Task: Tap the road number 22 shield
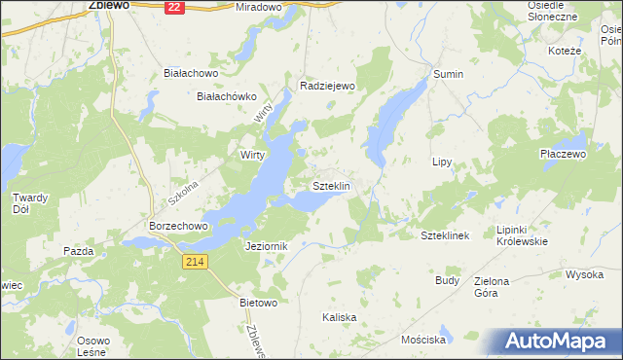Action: tap(173, 7)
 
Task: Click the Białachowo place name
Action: tap(190, 73)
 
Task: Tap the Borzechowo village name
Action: tap(179, 225)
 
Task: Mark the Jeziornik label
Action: tap(268, 247)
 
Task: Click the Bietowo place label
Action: tap(259, 303)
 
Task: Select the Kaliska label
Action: tap(340, 318)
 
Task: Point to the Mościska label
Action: tap(423, 341)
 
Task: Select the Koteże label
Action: tap(565, 51)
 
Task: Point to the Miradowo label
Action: tap(258, 7)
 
